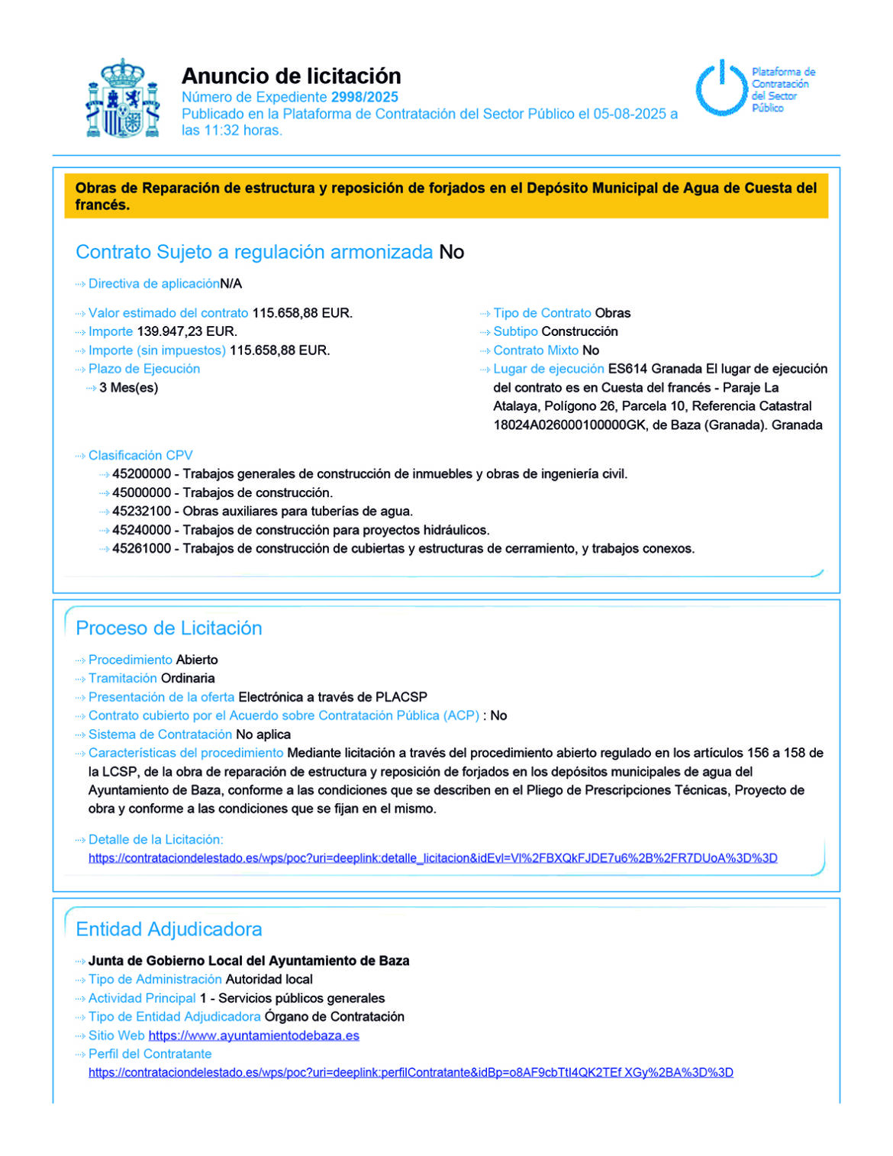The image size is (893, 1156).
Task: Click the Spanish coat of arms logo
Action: (122, 98)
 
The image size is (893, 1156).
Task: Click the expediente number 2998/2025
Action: (364, 97)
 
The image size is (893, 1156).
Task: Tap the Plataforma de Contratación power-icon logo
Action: (721, 89)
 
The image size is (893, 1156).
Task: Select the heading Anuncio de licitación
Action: (291, 76)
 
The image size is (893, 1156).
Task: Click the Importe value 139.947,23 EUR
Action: (186, 331)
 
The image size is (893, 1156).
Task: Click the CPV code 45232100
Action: (141, 512)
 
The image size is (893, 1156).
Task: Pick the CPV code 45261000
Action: (141, 549)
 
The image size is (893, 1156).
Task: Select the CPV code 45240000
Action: (141, 530)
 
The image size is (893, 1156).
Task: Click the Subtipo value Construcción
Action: (579, 331)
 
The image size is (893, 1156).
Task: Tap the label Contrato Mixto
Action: (536, 350)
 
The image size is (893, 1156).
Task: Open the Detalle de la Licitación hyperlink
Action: (433, 858)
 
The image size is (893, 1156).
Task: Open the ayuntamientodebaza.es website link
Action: (253, 1036)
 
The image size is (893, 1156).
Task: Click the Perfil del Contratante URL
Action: (411, 1073)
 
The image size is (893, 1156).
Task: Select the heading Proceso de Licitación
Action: (169, 628)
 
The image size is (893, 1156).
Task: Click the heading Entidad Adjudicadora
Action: (169, 929)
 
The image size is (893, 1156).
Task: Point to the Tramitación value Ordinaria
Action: (188, 678)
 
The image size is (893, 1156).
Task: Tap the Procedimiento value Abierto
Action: (197, 660)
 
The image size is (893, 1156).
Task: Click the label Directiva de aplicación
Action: (153, 284)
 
